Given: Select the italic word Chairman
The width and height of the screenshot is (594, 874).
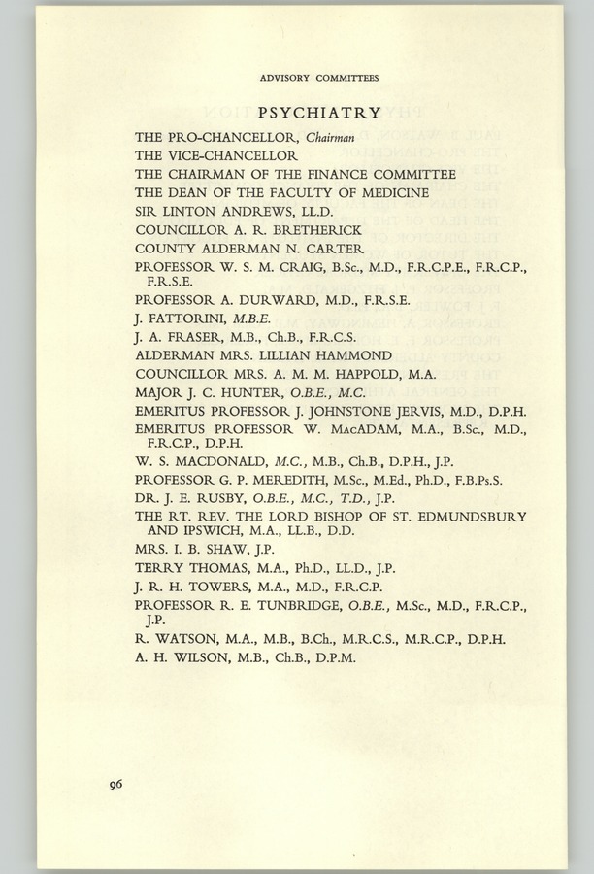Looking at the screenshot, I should pos(335,137).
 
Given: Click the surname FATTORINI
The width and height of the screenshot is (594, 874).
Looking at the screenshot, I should pos(177,317).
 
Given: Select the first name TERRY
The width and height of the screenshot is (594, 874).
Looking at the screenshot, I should pos(156,568).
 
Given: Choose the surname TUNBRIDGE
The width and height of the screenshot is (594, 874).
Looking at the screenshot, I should pos(296,606).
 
